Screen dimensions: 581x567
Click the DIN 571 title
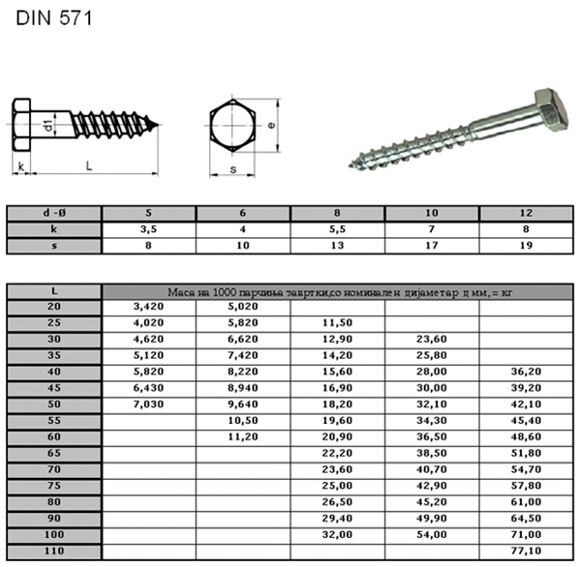pos(54,18)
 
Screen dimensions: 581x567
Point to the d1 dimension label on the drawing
pos(47,125)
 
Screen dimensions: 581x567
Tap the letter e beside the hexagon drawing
pos(271,125)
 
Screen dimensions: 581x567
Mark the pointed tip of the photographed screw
pos(350,166)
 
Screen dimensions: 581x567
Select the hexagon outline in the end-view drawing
pos(210,126)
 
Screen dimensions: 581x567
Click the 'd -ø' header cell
pos(54,213)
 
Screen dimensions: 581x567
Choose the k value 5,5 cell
pos(337,229)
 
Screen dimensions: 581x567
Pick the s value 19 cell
pos(526,246)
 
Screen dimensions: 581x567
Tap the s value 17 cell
pos(432,246)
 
